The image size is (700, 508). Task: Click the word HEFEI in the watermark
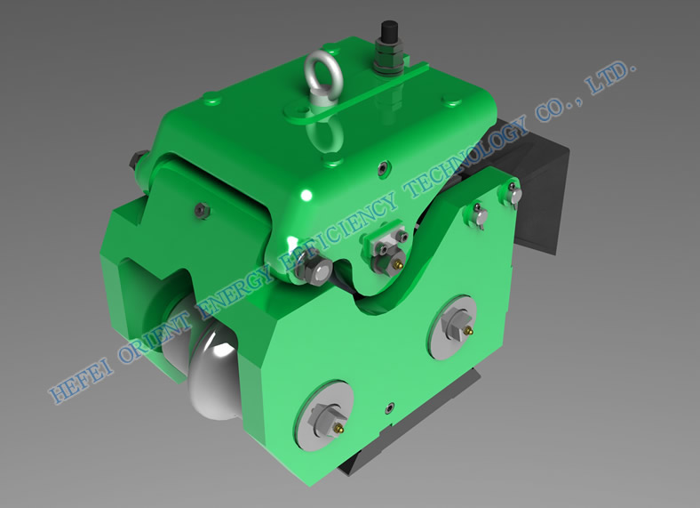[80, 383]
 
